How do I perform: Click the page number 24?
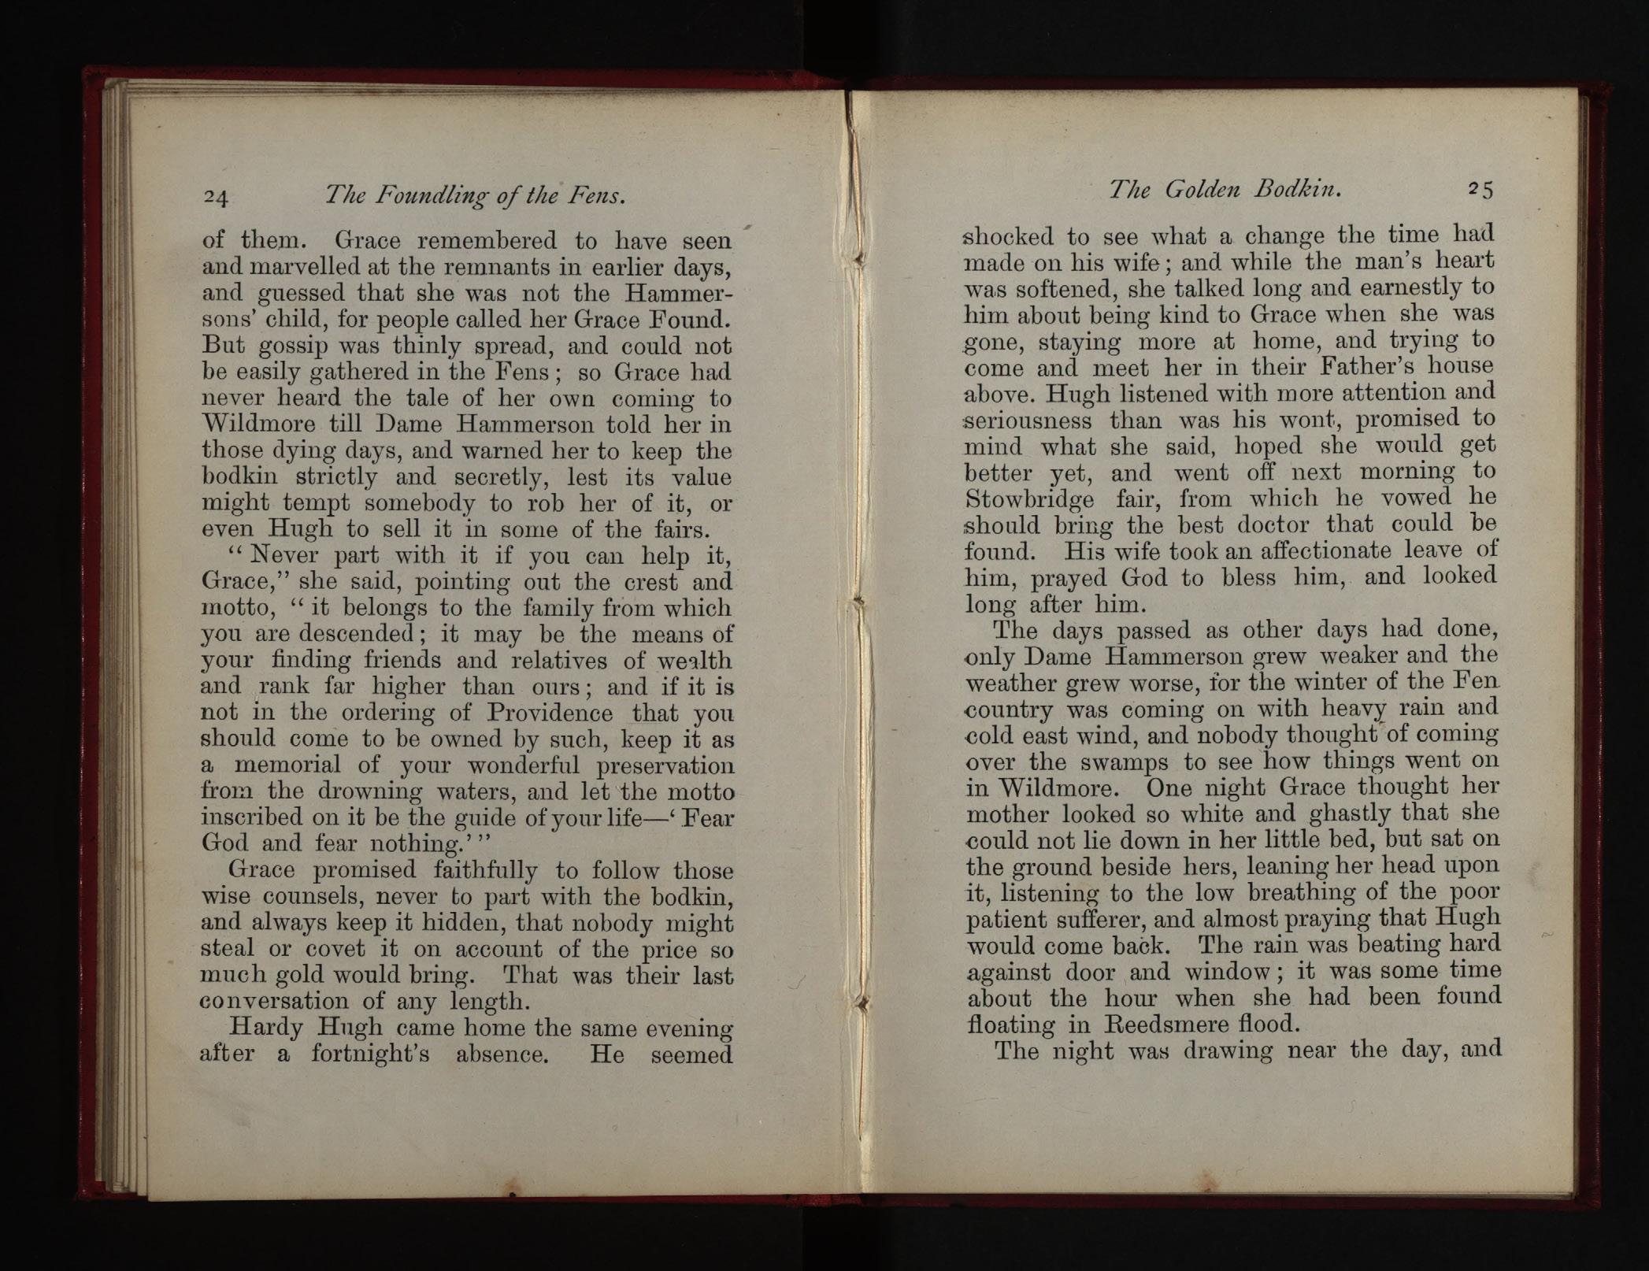click(216, 197)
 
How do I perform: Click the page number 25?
click(1480, 190)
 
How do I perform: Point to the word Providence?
click(549, 713)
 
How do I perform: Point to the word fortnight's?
click(370, 1054)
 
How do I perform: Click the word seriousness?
click(1028, 421)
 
